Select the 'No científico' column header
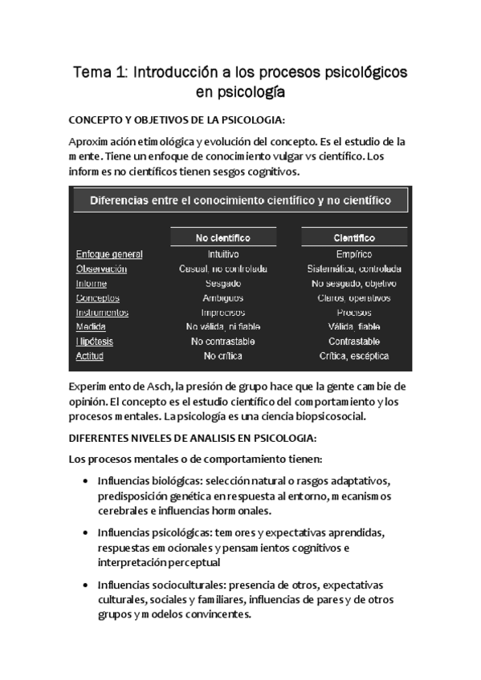tap(222, 238)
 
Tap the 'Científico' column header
tap(354, 238)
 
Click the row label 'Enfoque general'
tap(109, 255)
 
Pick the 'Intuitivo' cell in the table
tap(222, 255)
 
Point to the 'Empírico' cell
tap(354, 255)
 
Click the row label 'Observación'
tap(101, 269)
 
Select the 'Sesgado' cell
tap(222, 284)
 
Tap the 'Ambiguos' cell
tap(222, 298)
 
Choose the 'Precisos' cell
tap(354, 313)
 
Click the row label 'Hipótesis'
tap(95, 342)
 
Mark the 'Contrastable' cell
tap(354, 342)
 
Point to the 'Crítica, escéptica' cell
tap(354, 356)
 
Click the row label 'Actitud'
tap(90, 356)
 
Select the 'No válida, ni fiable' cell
tap(222, 327)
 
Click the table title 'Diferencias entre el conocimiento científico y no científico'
tap(240, 200)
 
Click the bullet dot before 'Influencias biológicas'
tap(86, 481)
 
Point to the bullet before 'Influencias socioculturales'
tap(86, 584)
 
